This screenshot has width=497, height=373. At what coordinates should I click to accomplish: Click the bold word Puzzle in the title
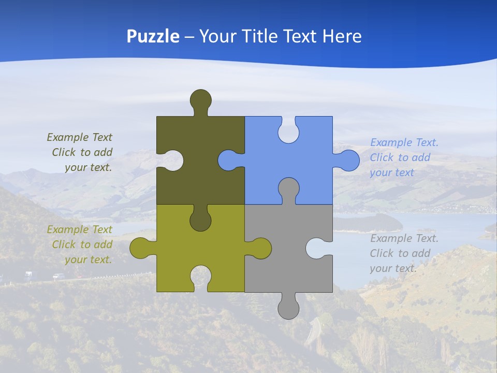153,36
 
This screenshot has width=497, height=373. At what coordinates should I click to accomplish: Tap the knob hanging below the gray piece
288,308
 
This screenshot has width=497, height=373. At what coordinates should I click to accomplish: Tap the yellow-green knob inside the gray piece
260,248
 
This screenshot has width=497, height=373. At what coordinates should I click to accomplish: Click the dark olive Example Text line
79,137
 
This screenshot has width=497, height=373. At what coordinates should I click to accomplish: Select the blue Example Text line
404,142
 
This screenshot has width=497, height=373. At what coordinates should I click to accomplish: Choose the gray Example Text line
404,238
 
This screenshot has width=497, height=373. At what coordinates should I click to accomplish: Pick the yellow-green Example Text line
79,229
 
